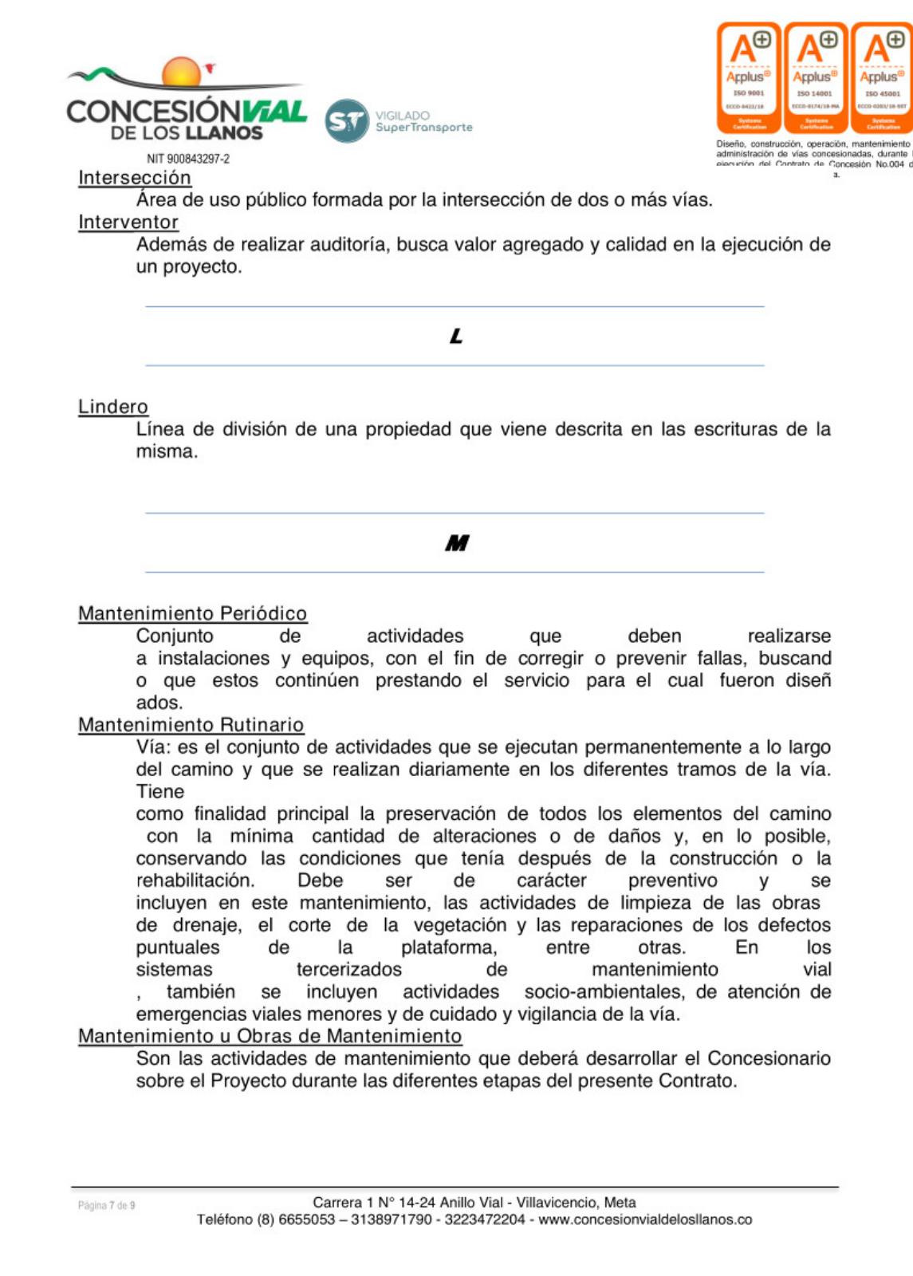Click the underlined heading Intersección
[135, 178]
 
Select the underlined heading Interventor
[128, 223]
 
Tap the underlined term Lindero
[113, 407]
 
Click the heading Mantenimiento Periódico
[192, 613]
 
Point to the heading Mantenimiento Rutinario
[191, 725]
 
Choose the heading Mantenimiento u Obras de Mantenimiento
[270, 1036]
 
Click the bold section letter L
[456, 337]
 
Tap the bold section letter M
[457, 543]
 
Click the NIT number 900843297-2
[188, 159]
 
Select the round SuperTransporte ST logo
[347, 121]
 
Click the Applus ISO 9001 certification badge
[749, 77]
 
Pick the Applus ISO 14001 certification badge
[815, 77]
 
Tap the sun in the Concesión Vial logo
[182, 72]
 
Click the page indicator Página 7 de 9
[107, 1205]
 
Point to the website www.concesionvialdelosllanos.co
[645, 1219]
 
